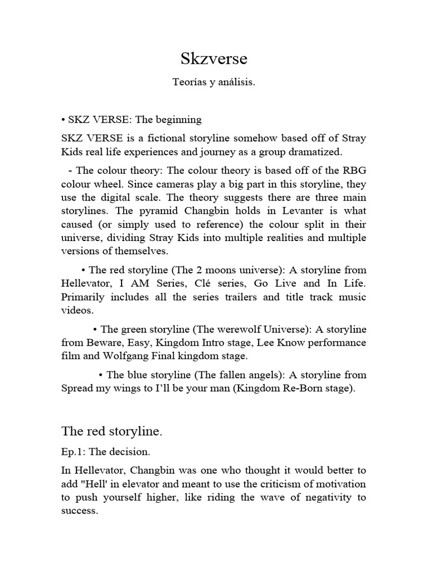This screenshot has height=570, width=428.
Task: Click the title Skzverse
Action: coord(213,59)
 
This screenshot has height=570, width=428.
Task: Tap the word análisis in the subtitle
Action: coord(237,82)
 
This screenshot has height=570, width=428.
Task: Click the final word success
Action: coord(79,510)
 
